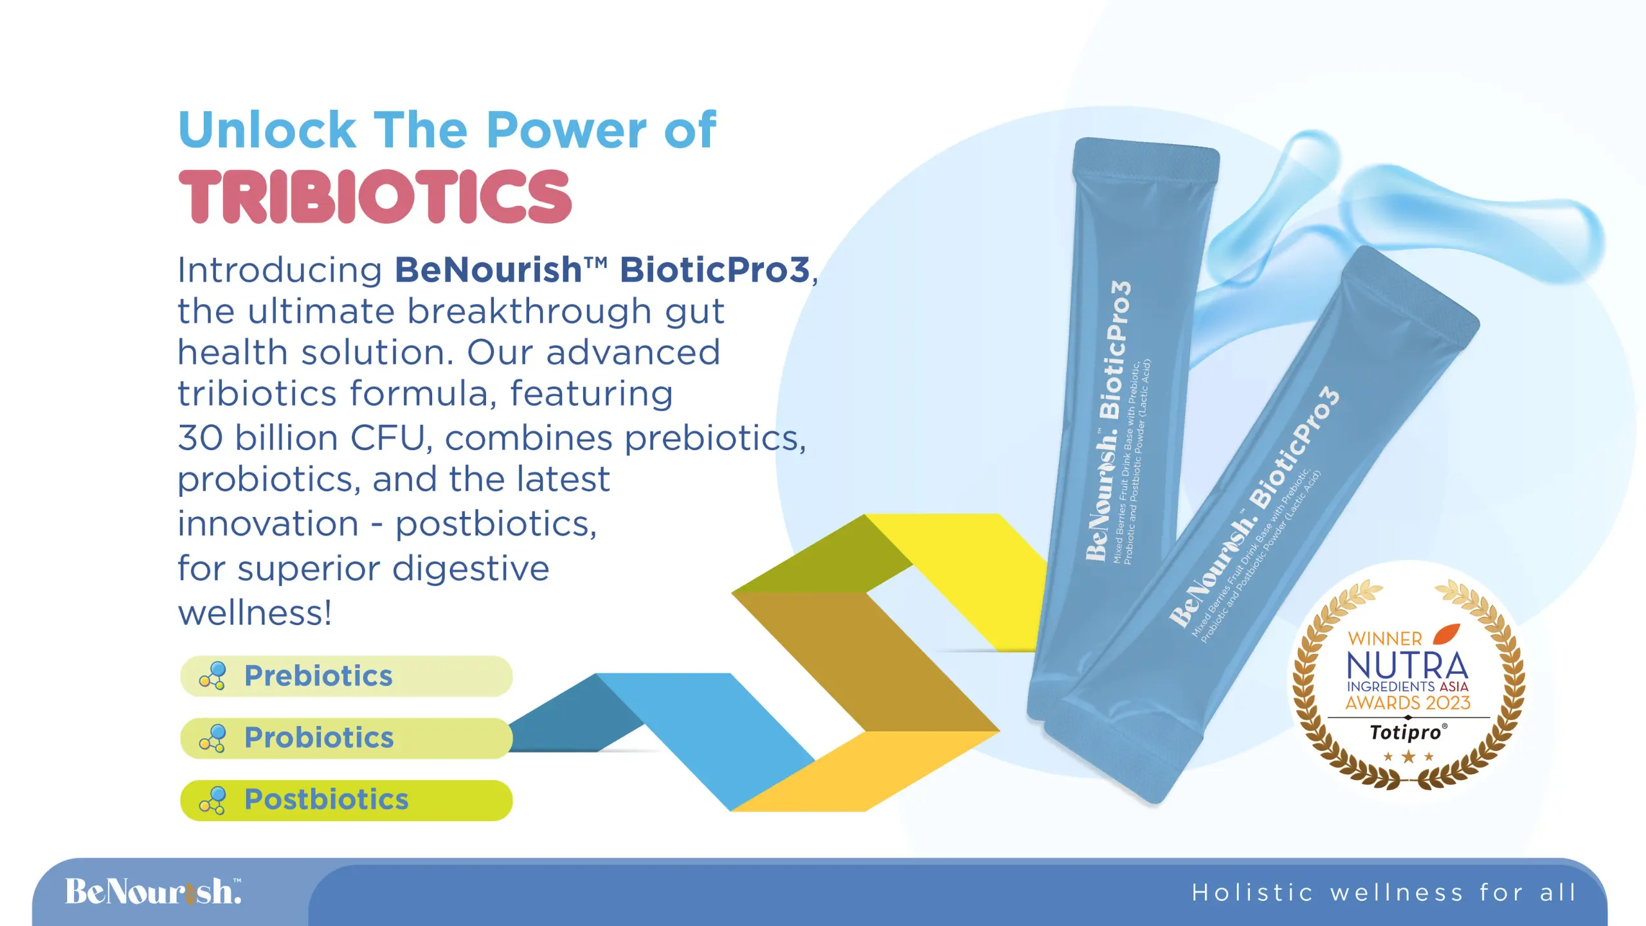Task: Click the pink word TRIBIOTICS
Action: point(375,197)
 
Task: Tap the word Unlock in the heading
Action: point(267,130)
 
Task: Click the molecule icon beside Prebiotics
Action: point(213,676)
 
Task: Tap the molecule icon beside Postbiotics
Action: point(213,800)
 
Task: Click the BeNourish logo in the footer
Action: point(153,892)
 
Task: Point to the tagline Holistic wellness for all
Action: point(1384,893)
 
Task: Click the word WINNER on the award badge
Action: point(1385,639)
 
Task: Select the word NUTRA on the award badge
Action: point(1407,666)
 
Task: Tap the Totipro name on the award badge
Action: point(1406,732)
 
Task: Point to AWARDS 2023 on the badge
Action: point(1408,703)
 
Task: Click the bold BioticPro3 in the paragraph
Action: point(714,270)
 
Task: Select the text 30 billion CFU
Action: point(301,438)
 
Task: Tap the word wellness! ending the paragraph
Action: point(255,612)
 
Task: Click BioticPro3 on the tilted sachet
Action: point(1294,448)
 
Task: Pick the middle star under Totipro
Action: point(1408,757)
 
